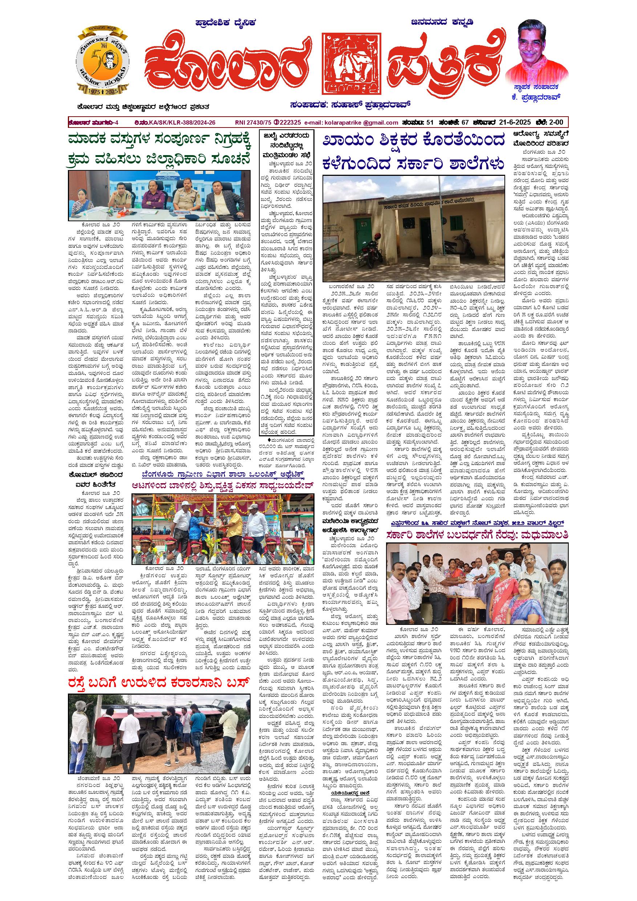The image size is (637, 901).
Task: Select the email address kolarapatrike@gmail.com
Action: [x=351, y=122]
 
